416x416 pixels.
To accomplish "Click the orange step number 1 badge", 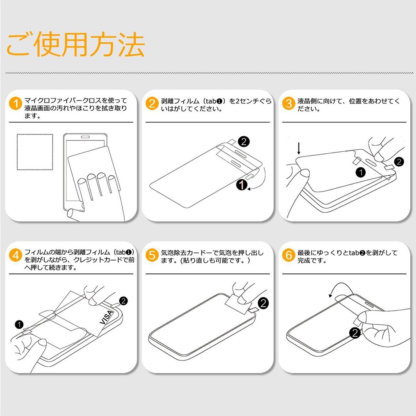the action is [15, 104].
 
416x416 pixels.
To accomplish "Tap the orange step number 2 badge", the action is [152, 104].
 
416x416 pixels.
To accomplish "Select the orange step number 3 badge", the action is [289, 104].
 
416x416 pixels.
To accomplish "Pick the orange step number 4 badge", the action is [15, 255].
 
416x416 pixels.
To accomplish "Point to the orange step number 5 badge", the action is [152, 255].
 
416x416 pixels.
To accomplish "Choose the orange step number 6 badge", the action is [289, 255].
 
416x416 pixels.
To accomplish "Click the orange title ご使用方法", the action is [75, 44].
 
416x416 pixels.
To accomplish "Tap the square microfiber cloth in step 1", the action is [35, 152].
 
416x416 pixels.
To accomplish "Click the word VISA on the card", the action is [107, 317].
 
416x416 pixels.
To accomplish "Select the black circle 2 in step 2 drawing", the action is [244, 142].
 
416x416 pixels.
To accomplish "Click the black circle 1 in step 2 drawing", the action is [242, 185].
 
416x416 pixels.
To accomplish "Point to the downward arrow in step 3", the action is [299, 148].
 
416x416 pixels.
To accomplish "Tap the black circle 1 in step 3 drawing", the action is [361, 173].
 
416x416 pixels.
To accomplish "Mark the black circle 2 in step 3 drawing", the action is [399, 161].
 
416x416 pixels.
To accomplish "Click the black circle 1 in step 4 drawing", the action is [19, 324].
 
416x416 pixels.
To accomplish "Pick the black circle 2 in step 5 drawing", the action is [263, 303].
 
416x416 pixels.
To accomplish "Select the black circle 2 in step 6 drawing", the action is [355, 333].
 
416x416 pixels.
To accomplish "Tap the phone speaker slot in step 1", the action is [85, 137].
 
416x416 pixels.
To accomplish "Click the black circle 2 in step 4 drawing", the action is [123, 301].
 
